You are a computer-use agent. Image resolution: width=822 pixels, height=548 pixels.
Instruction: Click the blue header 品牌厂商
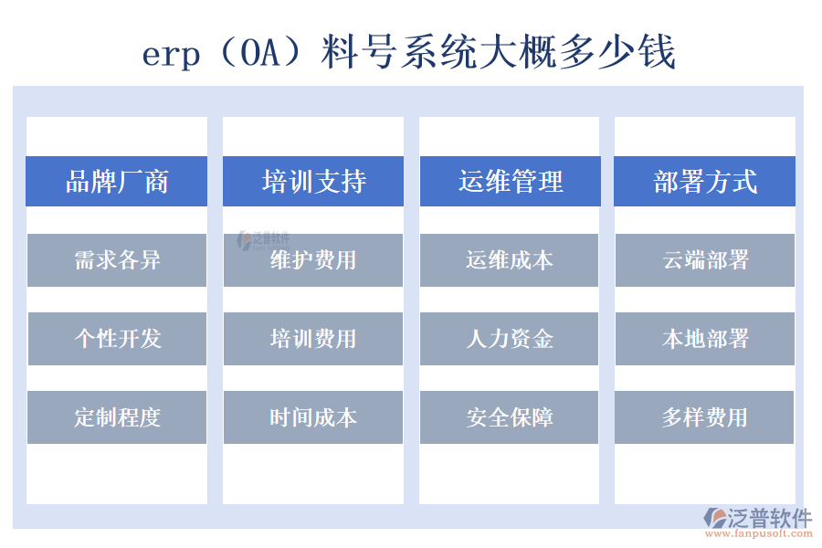(x=117, y=181)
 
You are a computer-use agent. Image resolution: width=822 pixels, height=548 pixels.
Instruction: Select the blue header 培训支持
(x=313, y=181)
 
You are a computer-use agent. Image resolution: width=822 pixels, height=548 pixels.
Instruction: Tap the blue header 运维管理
(x=510, y=181)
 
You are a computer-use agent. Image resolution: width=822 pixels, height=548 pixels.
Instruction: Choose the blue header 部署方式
(x=704, y=181)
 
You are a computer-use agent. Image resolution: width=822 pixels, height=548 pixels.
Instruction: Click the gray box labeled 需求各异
(x=117, y=260)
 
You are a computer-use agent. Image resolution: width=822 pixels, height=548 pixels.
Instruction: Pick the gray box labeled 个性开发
(x=117, y=339)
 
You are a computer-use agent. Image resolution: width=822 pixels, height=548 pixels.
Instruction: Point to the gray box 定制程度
(x=117, y=417)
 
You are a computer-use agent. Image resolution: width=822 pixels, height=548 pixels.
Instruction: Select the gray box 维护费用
(x=313, y=260)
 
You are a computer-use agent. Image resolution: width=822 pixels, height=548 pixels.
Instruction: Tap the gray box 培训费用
(x=313, y=339)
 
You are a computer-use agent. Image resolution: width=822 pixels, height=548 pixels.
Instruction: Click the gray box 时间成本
(x=313, y=417)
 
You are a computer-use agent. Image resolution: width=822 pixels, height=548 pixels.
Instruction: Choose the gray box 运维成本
(x=510, y=260)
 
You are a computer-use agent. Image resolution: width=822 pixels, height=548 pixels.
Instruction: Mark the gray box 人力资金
(x=510, y=339)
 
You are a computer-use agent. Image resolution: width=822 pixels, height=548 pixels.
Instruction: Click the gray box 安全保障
(x=510, y=417)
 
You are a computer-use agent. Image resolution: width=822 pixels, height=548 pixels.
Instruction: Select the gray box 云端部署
(x=704, y=260)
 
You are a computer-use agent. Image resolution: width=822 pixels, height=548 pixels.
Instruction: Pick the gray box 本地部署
(x=704, y=339)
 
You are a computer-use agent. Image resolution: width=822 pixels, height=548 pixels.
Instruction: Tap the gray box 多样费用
(x=704, y=417)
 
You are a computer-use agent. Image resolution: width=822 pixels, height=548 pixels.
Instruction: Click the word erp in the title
(x=171, y=55)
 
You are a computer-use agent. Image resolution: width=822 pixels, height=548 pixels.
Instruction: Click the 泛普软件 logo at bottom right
(x=758, y=518)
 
